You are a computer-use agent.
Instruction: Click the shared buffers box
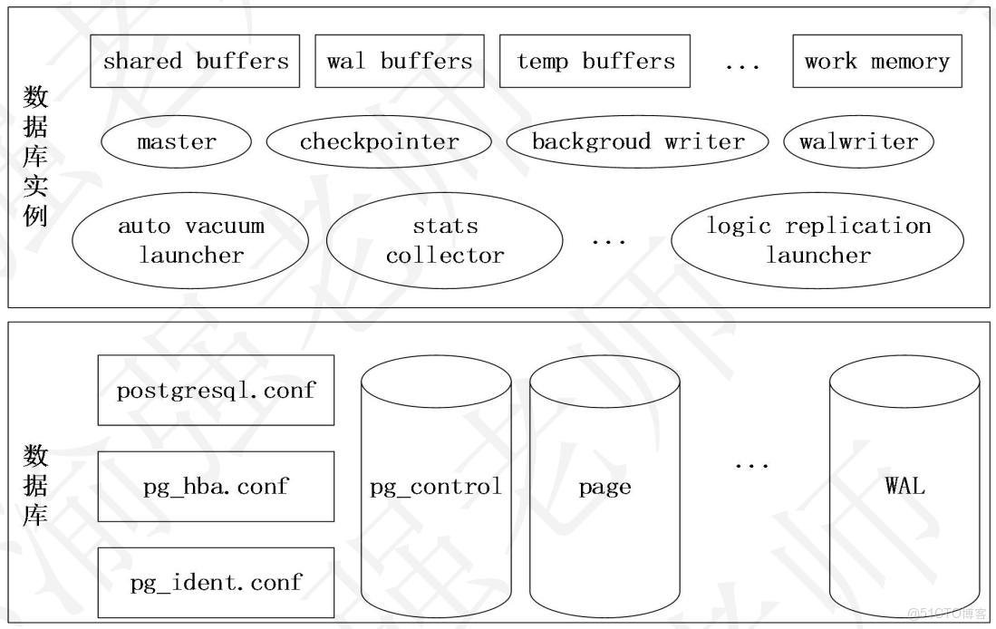coord(195,62)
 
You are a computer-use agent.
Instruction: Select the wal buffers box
coord(400,62)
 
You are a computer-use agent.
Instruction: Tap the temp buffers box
coord(595,62)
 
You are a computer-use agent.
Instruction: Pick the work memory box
coord(876,62)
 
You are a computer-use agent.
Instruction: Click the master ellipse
coord(177,142)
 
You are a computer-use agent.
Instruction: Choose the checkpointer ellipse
coord(379,142)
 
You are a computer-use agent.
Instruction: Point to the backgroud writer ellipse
coord(637,142)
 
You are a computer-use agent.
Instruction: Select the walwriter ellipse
coord(858,142)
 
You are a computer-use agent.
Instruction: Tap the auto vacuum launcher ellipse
coord(190,240)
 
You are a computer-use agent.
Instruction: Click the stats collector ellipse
coord(444,240)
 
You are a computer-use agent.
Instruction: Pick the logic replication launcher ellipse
coord(817,240)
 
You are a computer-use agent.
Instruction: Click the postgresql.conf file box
coord(216,391)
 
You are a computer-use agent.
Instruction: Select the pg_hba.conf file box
coord(216,487)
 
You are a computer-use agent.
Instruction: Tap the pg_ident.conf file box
coord(216,582)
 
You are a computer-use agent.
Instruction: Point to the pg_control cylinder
coord(436,487)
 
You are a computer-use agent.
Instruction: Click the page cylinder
coord(604,487)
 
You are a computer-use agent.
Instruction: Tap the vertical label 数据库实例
coord(35,157)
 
